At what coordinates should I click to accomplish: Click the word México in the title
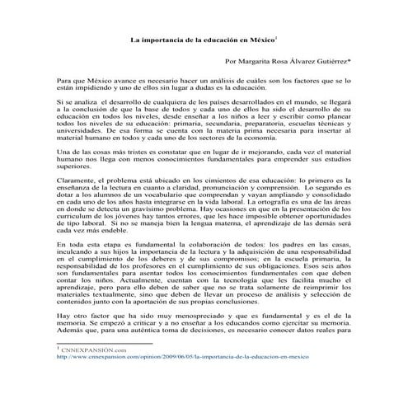(x=261, y=39)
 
